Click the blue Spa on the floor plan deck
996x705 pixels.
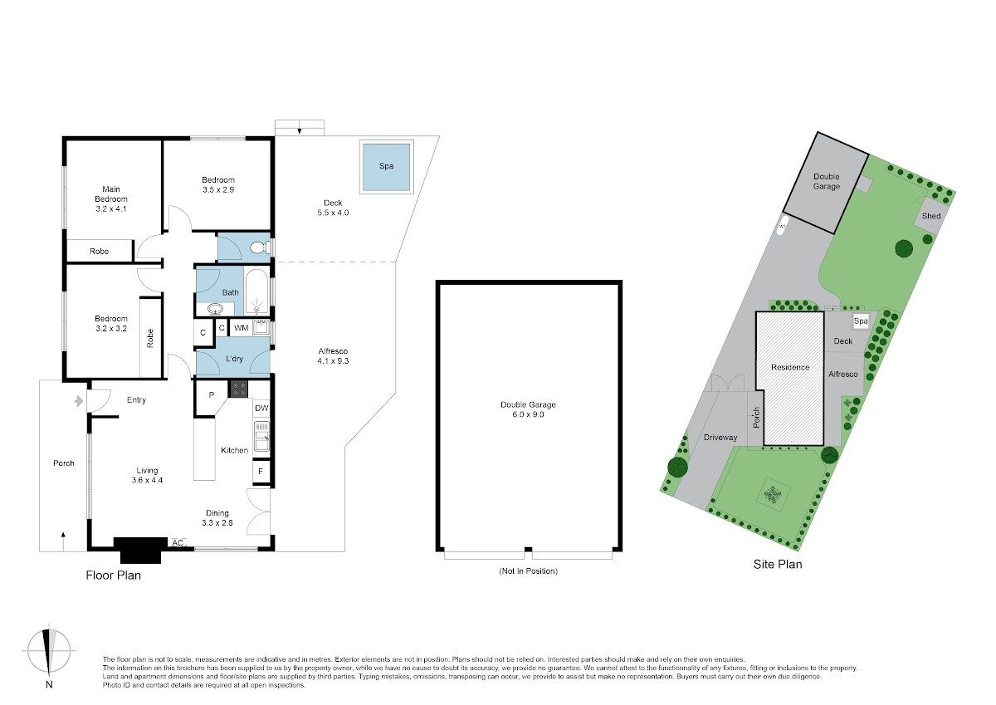coord(386,167)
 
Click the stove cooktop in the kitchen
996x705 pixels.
coord(238,389)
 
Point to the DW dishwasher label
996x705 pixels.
coord(261,408)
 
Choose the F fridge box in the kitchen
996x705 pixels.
coord(261,472)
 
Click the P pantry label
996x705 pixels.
coord(211,395)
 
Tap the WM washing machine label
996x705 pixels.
coord(241,328)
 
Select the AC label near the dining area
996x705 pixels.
coord(178,543)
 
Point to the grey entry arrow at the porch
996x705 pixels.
coord(79,401)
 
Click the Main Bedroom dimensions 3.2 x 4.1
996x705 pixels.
coord(110,209)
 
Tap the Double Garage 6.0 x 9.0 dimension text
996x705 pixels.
coord(528,414)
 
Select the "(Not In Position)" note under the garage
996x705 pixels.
coord(528,570)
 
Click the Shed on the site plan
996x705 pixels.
coord(931,216)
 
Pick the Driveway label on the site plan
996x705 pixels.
coord(720,438)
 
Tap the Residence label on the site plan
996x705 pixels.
coord(790,367)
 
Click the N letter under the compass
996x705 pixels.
coord(49,685)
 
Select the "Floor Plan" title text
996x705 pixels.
coord(114,575)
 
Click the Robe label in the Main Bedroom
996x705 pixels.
coord(99,252)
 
